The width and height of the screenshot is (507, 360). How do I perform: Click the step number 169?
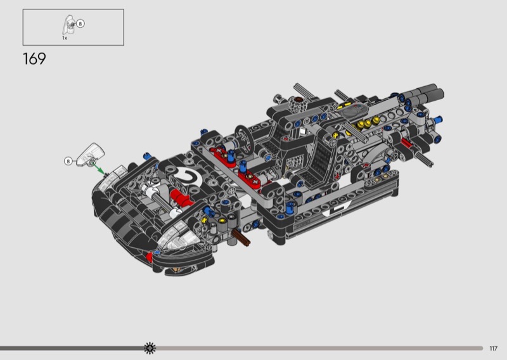tap(34, 59)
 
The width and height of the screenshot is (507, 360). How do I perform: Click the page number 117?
tap(493, 349)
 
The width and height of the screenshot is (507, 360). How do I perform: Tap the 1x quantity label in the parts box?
tap(65, 38)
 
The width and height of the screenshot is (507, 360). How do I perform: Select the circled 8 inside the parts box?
tap(80, 23)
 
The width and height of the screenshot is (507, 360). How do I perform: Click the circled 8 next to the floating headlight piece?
tap(68, 161)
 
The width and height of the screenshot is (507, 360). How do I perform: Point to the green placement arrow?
tap(98, 167)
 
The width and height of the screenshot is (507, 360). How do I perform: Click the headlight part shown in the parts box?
tap(69, 25)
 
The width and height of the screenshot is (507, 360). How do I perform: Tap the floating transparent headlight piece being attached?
tap(90, 155)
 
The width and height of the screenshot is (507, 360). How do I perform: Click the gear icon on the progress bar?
tap(150, 348)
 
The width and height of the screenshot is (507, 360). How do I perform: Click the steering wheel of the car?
tap(245, 138)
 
